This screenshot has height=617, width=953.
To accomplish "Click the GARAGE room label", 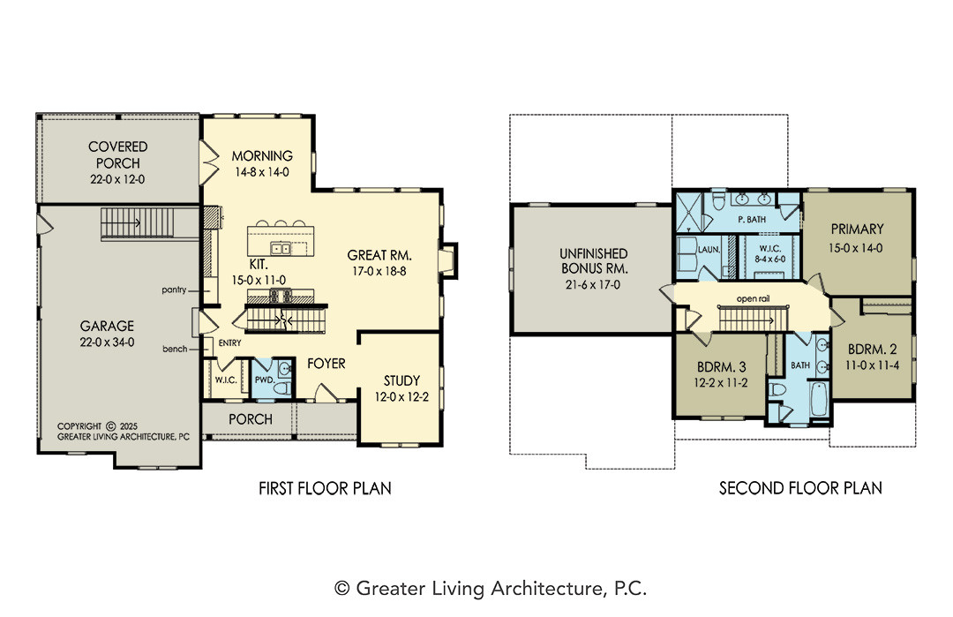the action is [107, 326].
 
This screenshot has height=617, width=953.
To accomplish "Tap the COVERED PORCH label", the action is [118, 155].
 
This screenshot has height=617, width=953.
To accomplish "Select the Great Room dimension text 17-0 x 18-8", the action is [379, 271].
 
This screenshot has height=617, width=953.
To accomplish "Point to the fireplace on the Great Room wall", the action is [448, 260].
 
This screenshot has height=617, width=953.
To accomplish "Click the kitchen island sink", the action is [281, 248].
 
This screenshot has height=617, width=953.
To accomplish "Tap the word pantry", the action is [174, 290].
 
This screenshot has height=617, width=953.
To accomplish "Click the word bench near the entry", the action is [175, 349].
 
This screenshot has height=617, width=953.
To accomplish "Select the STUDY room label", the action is [401, 381].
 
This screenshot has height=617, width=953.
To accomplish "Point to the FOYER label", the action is [326, 364].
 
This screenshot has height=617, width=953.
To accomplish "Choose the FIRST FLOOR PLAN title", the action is [325, 488].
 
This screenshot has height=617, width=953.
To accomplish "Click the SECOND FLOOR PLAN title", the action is [800, 488].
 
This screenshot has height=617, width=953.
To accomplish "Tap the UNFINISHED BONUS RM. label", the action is [594, 260].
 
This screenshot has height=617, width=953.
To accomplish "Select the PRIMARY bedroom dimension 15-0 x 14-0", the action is [856, 248].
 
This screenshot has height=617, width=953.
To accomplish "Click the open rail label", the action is [753, 299].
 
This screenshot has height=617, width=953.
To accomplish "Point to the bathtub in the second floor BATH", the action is [819, 399].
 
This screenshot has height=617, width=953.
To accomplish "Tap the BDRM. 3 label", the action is [722, 367].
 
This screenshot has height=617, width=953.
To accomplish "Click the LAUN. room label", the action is [709, 249].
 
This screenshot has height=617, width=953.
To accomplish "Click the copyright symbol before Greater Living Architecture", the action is [342, 589].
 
